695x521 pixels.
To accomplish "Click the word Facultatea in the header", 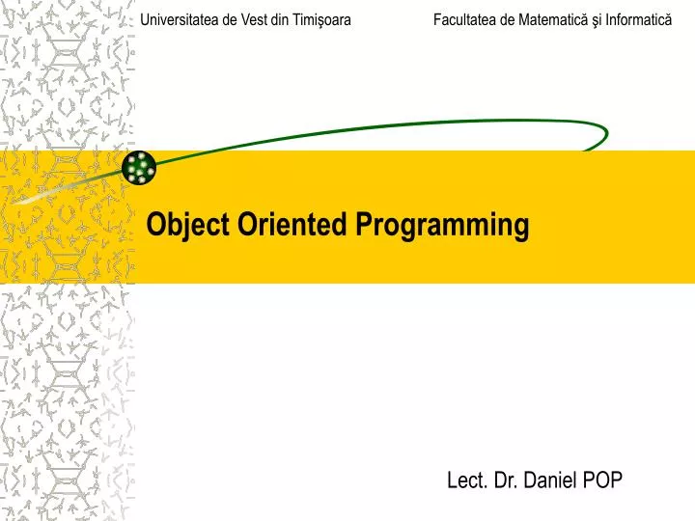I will point(466,19).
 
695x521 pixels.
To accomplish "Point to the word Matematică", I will point(554,19).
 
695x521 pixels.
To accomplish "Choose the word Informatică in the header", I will point(638,19).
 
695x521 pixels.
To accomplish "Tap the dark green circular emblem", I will point(139,168).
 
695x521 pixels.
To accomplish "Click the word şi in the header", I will point(595,19).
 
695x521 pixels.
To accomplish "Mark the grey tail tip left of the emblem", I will point(21,202).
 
